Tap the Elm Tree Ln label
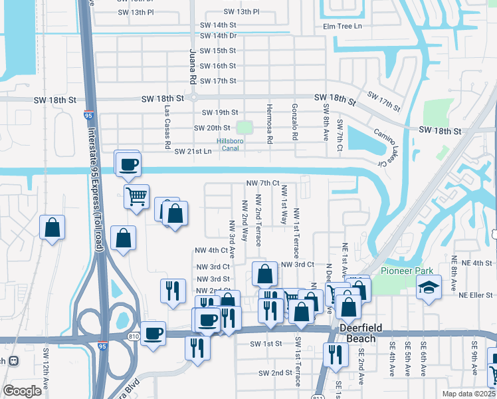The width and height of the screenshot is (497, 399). click(x=342, y=27)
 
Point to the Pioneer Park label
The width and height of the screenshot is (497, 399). click(x=407, y=271)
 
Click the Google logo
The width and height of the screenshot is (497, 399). click(x=22, y=391)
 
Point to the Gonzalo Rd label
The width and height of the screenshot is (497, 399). click(x=294, y=122)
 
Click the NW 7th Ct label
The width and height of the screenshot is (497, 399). click(x=261, y=183)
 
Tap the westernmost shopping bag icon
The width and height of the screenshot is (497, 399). click(x=52, y=227)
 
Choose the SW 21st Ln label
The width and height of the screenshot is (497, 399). click(x=193, y=152)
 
